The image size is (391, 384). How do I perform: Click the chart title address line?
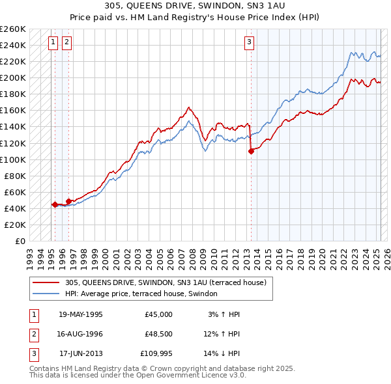click(x=195, y=5)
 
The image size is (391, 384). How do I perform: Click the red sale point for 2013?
click(x=251, y=151)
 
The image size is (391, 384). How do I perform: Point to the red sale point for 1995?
click(x=55, y=204)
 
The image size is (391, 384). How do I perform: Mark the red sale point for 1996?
click(x=68, y=201)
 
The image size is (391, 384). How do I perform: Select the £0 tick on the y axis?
click(x=20, y=241)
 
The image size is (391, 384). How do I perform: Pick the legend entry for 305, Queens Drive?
click(x=166, y=283)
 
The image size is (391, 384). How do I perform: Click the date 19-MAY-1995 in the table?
click(x=81, y=314)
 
